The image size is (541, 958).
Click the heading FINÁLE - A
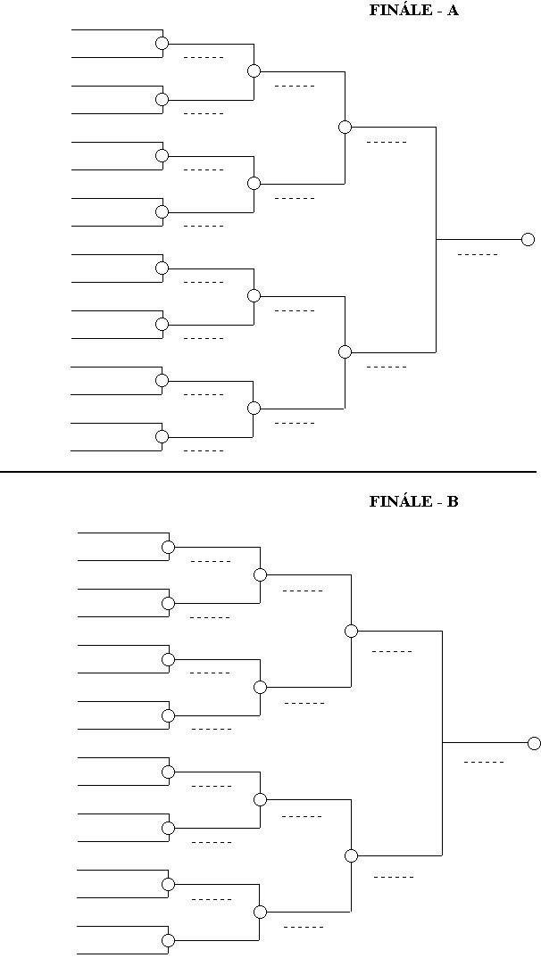(413, 11)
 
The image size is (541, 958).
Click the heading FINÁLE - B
(413, 501)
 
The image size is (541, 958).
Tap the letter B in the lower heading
(453, 501)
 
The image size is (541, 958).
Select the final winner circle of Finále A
(528, 239)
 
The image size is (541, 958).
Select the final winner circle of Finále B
(534, 743)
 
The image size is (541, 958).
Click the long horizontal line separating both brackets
(268, 471)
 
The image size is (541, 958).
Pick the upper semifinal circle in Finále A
(345, 127)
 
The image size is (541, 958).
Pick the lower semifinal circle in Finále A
(345, 351)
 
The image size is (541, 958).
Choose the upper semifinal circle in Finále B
(351, 631)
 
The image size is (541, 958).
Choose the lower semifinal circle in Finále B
(351, 855)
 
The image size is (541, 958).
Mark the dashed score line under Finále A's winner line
(478, 255)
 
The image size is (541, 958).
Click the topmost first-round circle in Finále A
(162, 43)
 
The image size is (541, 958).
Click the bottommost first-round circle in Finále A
(162, 436)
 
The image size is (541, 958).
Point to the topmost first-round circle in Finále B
(168, 547)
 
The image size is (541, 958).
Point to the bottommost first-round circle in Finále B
(168, 940)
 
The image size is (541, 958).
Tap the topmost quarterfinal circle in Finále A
(254, 70)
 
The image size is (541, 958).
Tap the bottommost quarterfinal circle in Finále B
(260, 912)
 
